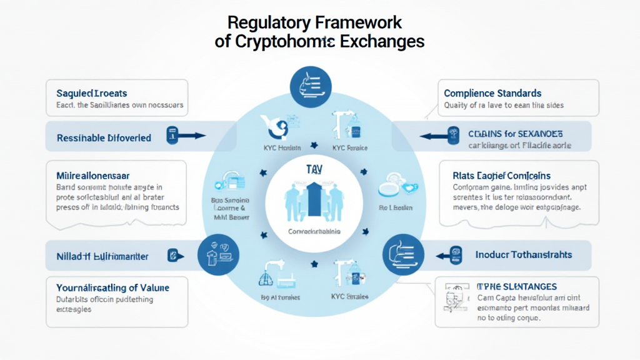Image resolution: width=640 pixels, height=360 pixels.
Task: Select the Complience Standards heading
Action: [492, 93]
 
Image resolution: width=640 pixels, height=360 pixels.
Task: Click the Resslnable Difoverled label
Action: [104, 137]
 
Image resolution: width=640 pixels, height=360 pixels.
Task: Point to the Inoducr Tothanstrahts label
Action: [523, 254]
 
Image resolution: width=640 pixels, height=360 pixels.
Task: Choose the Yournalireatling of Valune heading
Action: [112, 287]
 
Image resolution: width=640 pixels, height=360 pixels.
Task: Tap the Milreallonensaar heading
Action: [92, 176]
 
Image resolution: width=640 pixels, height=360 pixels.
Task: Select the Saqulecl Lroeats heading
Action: [91, 93]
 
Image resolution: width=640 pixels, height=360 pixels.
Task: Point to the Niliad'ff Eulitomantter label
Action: [102, 254]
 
